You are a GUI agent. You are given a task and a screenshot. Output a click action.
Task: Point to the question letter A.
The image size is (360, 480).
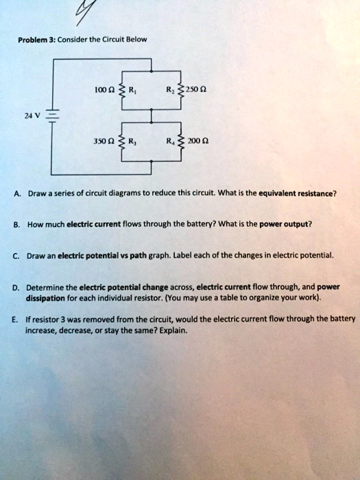pyautogui.click(x=14, y=193)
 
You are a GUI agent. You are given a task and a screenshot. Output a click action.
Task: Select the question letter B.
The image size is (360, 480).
pyautogui.click(x=14, y=223)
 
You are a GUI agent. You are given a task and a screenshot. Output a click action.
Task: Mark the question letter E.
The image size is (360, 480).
pyautogui.click(x=14, y=320)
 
